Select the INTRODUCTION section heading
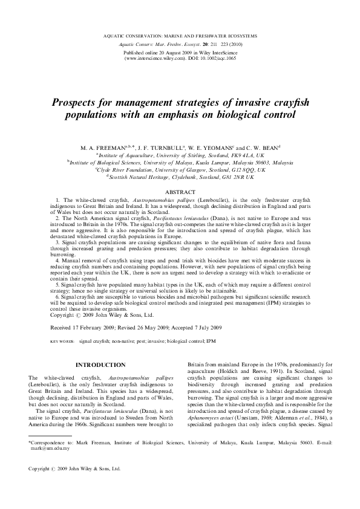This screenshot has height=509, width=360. [100, 365]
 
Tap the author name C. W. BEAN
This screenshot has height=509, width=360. [252, 147]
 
